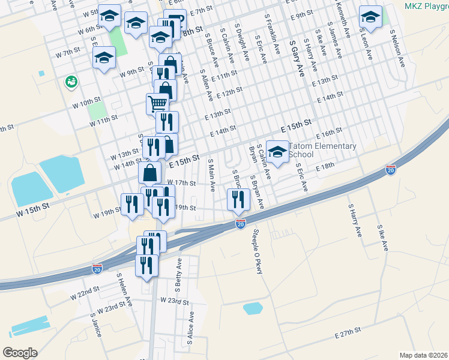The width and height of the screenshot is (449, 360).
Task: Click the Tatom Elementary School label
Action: click(322, 150)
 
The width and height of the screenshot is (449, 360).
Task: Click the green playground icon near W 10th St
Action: click(71, 80)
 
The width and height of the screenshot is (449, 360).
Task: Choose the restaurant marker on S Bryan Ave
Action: click(239, 199)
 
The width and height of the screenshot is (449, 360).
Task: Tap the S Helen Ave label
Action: click(124, 290)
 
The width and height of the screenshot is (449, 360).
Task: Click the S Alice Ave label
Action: click(190, 327)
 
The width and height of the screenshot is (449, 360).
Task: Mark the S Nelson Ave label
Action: click(397, 48)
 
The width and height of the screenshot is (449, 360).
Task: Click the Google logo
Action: click(20, 353)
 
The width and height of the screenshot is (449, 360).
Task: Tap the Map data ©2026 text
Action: click(423, 355)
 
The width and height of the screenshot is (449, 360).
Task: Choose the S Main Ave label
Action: click(211, 175)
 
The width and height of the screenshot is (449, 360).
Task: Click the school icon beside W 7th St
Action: click(104, 58)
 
